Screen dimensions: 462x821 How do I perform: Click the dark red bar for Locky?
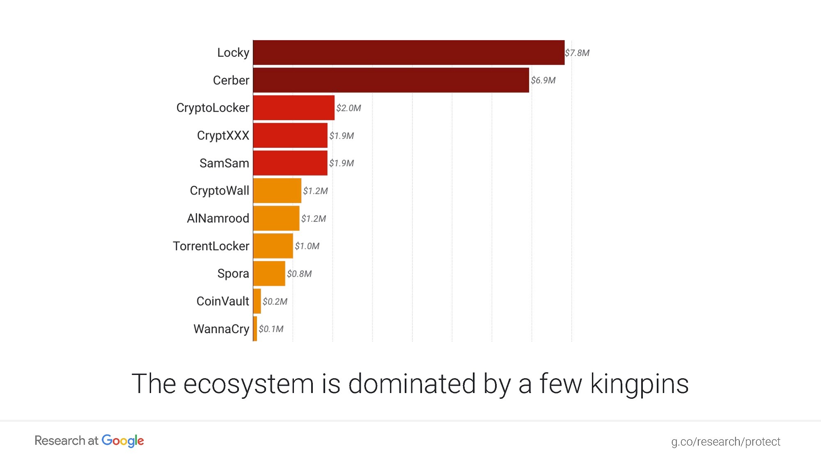click(408, 53)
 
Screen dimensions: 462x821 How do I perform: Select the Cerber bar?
click(391, 80)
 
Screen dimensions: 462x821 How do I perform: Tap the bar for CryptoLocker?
click(294, 108)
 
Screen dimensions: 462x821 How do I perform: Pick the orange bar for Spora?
click(269, 274)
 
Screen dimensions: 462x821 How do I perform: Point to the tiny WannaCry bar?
click(255, 329)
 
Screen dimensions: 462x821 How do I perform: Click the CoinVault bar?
click(257, 301)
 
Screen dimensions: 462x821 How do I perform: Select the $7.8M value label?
click(577, 53)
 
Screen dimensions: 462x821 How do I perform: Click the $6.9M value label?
click(543, 80)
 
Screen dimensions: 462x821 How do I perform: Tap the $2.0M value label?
click(349, 108)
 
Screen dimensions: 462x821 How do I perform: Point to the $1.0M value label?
click(307, 246)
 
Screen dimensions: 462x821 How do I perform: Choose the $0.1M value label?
click(271, 329)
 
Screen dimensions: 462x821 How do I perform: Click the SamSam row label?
click(224, 163)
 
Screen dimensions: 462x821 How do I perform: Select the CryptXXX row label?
click(223, 136)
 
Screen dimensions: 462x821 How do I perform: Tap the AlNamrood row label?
click(218, 218)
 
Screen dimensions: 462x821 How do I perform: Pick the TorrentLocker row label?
click(211, 246)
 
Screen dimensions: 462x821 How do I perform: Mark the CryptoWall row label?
click(219, 191)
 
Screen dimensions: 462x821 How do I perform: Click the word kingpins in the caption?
click(639, 384)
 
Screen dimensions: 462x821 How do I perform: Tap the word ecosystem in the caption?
click(248, 384)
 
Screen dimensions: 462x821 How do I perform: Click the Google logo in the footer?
click(123, 441)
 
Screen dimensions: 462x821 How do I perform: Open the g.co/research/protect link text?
click(725, 441)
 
